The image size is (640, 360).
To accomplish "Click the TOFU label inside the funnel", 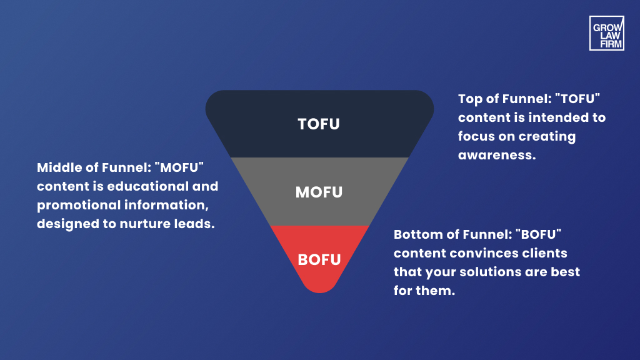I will (319, 124).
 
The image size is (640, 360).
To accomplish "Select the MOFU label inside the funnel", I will (319, 192).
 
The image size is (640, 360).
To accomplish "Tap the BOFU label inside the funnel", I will (319, 259).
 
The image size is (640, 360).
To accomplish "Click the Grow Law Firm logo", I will (606, 33).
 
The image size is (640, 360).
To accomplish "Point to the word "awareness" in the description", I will (497, 155).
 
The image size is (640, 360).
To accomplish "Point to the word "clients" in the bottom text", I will (544, 254).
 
